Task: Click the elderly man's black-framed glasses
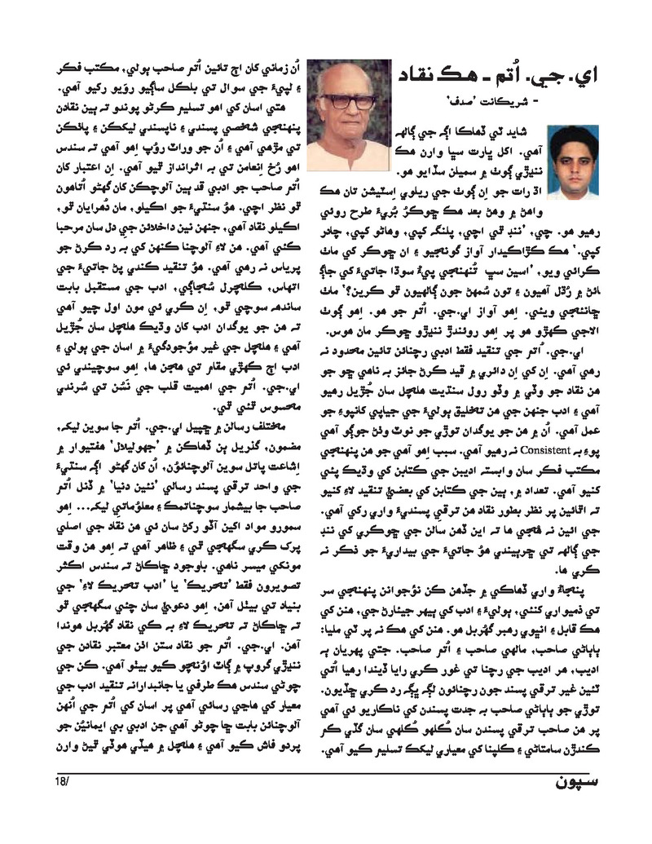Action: click(348, 101)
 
